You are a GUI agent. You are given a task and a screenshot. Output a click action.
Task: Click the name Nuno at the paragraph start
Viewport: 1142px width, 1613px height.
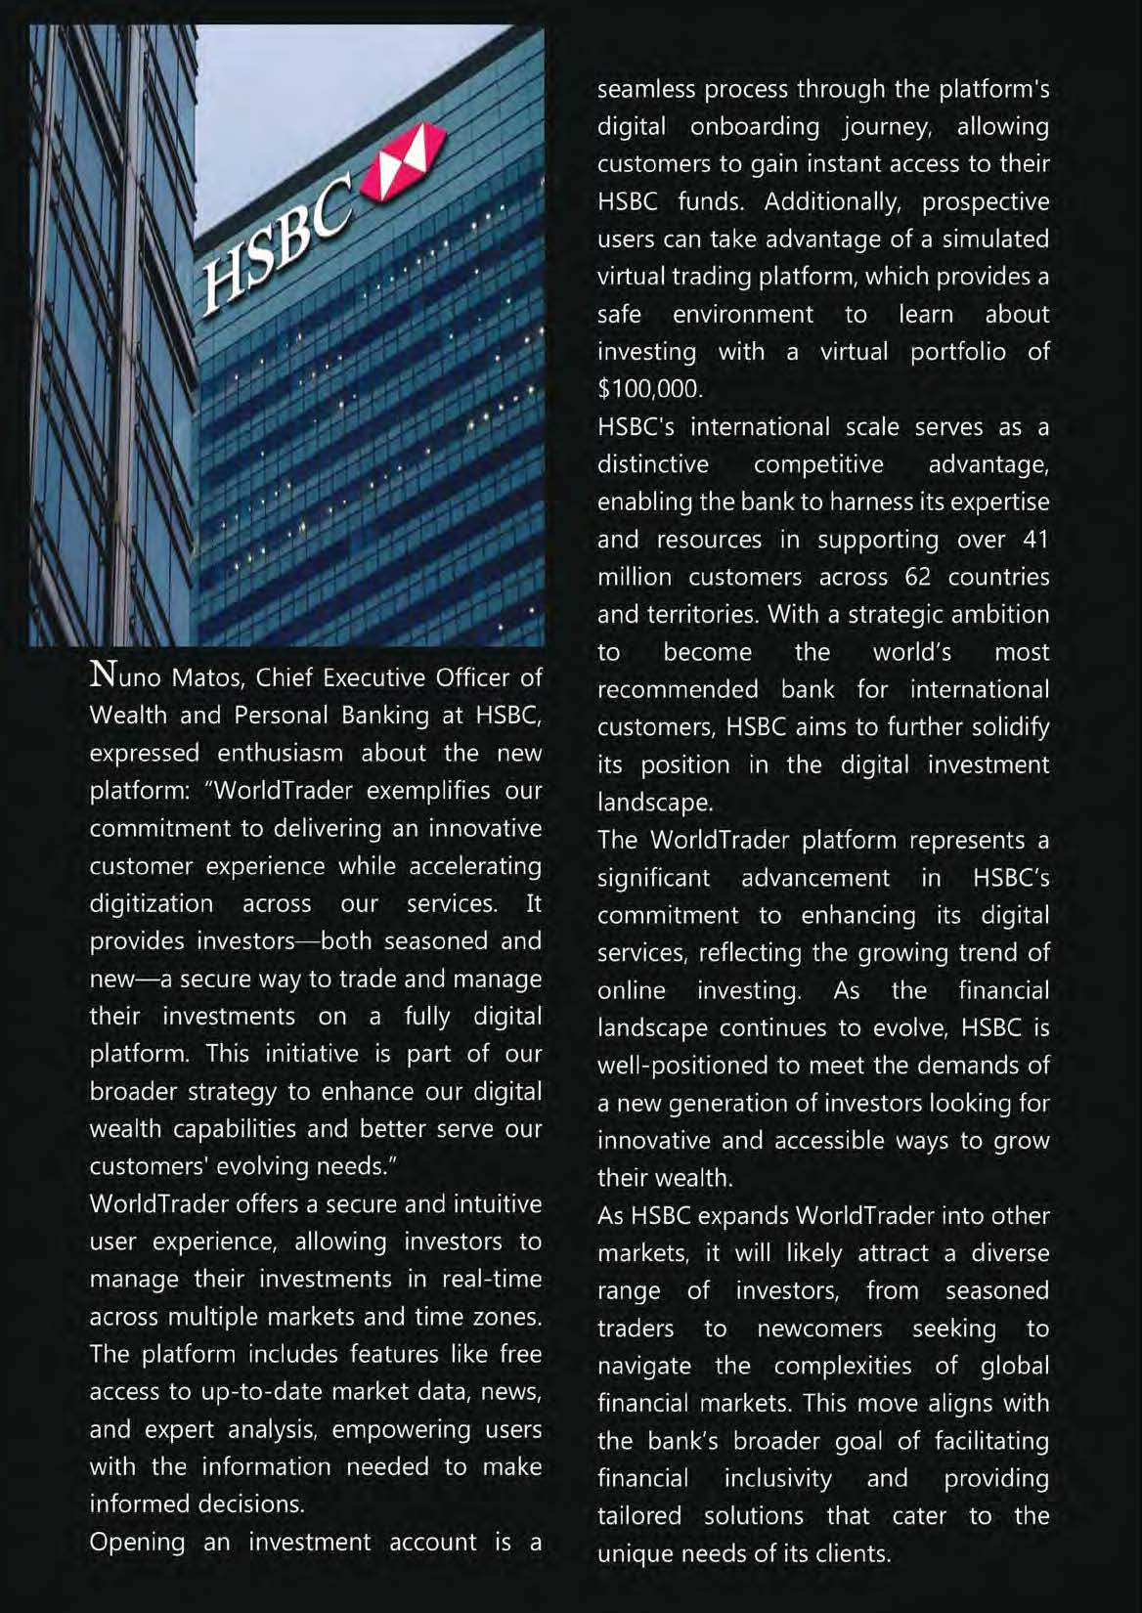point(125,676)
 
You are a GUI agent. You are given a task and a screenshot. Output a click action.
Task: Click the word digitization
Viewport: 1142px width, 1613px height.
point(152,903)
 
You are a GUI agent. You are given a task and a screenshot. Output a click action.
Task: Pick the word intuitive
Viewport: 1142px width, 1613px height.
point(486,1203)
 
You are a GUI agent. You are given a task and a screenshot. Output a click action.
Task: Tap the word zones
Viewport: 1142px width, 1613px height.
point(505,1316)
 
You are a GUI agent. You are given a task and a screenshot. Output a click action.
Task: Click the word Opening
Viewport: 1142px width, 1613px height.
point(137,1542)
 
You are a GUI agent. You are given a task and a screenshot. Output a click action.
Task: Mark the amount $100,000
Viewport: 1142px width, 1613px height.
point(650,389)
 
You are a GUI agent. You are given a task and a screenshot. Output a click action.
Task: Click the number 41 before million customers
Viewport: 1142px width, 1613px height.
point(1034,540)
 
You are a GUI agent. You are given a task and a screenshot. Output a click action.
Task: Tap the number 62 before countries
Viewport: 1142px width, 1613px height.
point(918,577)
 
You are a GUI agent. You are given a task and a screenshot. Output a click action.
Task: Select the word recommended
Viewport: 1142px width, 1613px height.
point(678,689)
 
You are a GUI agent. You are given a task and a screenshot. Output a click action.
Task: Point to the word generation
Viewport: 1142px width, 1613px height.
point(746,1104)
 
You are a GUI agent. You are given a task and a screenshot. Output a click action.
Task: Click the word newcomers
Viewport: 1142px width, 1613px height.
point(819,1329)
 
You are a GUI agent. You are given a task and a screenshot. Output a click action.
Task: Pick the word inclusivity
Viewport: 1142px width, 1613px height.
point(777,1478)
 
